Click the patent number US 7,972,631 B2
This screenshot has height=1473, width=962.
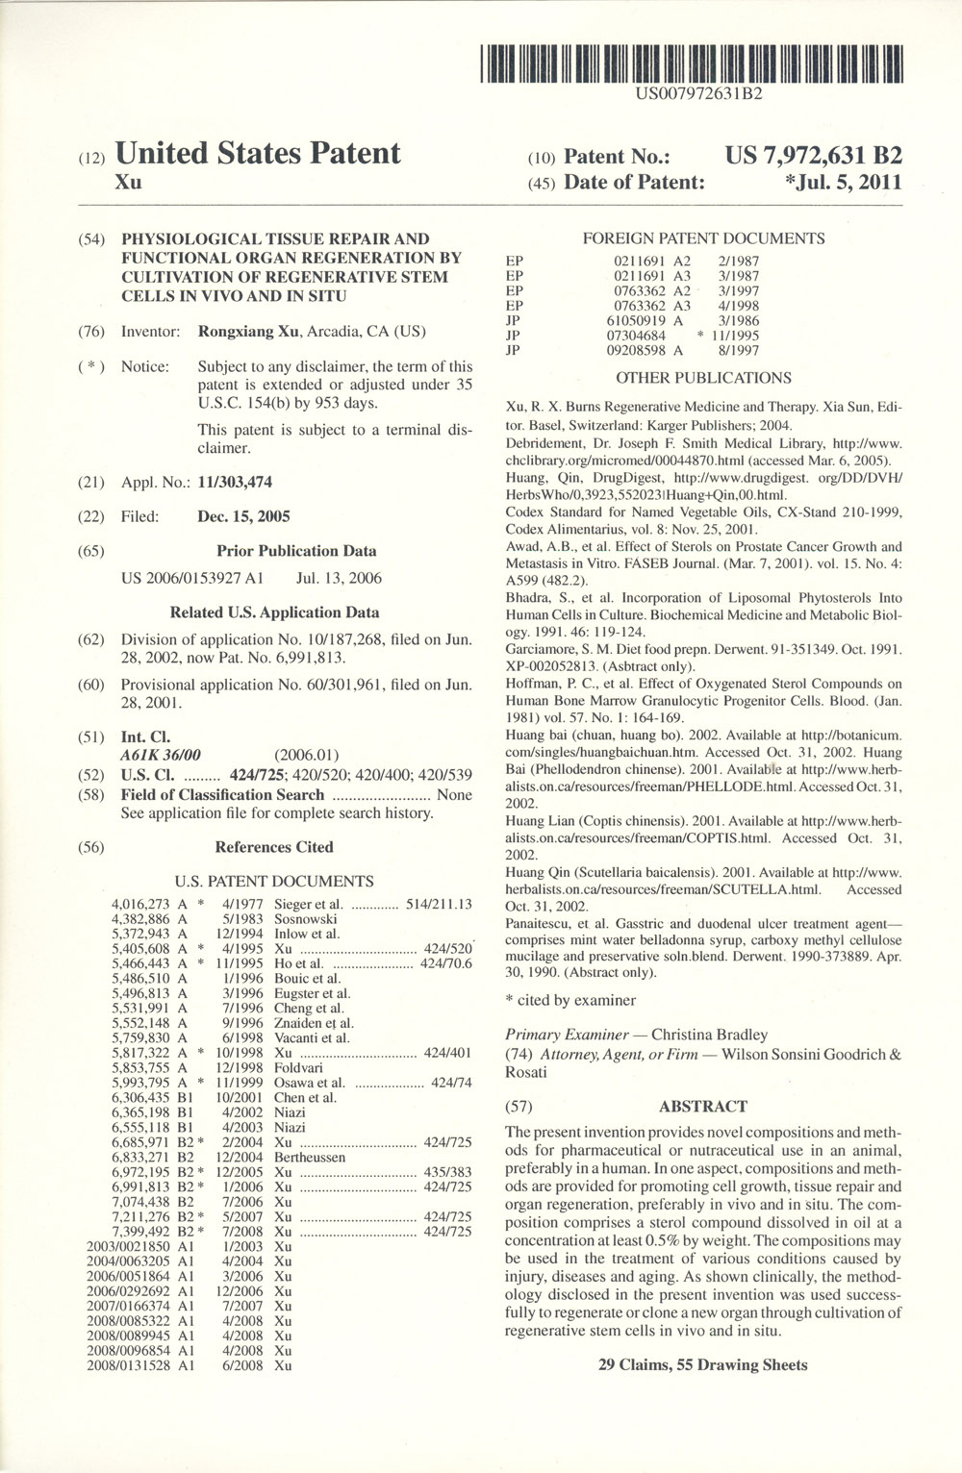[813, 157]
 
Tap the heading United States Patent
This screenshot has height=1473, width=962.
[257, 154]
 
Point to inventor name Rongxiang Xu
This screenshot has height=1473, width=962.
[248, 332]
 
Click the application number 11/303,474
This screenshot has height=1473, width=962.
[235, 482]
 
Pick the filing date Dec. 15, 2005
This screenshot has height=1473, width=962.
[243, 516]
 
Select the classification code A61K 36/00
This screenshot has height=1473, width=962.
[161, 755]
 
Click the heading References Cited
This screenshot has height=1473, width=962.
[274, 847]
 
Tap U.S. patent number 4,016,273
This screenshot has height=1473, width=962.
[141, 904]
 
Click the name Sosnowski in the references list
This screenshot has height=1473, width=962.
[306, 918]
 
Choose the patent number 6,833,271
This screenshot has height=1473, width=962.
[141, 1158]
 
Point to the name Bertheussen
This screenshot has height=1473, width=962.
[310, 1158]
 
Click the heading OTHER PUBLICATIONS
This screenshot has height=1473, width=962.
[703, 378]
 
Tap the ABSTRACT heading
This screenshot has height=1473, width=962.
[703, 1107]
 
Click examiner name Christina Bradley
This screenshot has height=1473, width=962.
[709, 1035]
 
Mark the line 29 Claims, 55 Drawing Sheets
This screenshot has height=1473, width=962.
[703, 1364]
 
